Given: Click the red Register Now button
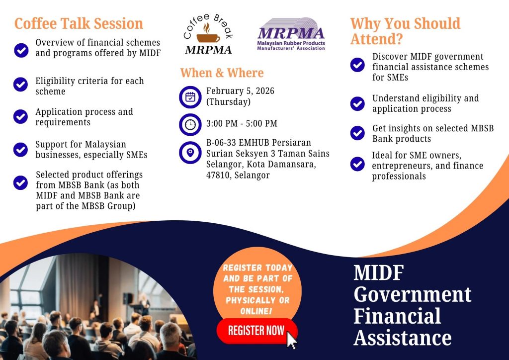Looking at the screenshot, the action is [x=257, y=331].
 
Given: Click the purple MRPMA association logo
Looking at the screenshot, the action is [x=291, y=34].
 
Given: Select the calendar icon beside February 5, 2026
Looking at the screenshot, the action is [x=190, y=97].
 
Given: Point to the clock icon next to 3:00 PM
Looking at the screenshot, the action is [x=190, y=124].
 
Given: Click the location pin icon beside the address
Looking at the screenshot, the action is [x=190, y=153].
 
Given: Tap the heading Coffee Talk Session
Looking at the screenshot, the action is [x=79, y=24].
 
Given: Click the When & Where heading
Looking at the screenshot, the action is [x=222, y=73].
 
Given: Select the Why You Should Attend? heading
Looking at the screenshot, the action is [x=406, y=31].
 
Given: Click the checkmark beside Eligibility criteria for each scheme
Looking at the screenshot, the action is [x=20, y=85].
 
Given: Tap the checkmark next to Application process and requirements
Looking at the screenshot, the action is [x=20, y=116].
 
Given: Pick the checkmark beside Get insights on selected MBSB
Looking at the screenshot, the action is [x=357, y=133].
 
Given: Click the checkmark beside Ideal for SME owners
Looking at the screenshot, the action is [x=357, y=164].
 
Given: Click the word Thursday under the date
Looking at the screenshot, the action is [x=229, y=102].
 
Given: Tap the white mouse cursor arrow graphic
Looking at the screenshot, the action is [x=291, y=340].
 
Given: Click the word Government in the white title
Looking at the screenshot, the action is [x=412, y=295].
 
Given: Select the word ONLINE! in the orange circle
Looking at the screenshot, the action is [x=256, y=311].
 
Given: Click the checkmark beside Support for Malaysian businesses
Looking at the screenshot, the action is [x=20, y=150].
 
